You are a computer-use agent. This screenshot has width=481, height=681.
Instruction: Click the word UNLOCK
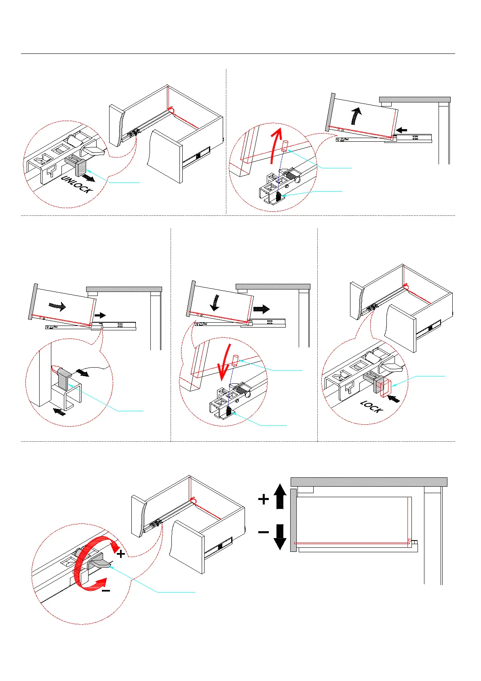(77, 185)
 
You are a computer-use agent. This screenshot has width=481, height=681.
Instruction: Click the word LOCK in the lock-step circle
(371, 407)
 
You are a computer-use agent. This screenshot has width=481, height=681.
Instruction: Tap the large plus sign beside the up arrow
(264, 499)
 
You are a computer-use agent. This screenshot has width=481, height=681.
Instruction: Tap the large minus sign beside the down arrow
(264, 532)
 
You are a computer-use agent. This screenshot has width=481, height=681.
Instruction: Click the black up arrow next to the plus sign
(280, 496)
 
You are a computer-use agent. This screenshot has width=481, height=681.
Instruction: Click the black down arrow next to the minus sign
(280, 536)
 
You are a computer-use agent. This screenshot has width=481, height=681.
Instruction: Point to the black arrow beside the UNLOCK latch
(88, 178)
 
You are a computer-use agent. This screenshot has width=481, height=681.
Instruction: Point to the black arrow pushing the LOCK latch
(394, 399)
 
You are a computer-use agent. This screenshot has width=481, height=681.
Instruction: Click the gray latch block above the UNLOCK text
(80, 167)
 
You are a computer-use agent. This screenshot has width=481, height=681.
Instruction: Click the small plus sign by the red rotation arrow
(120, 553)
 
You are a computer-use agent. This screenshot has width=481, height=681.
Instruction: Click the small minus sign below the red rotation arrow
(106, 591)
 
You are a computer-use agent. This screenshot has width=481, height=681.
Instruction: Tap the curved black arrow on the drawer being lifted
(355, 116)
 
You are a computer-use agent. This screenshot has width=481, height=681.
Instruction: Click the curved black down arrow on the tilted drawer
(215, 302)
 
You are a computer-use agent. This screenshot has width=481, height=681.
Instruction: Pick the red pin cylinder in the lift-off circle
(285, 146)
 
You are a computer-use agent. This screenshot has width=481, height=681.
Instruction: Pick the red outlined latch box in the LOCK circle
(384, 387)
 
